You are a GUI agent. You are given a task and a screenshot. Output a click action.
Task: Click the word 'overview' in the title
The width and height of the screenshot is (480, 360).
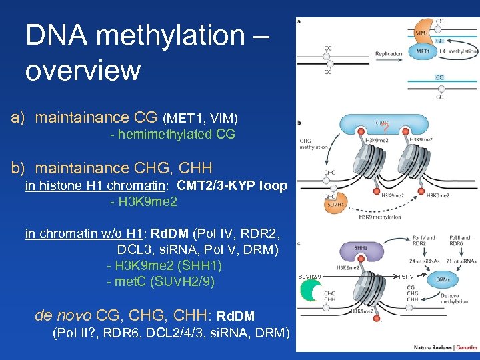83,69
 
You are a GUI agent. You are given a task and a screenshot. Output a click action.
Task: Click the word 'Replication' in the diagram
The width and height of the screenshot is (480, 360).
389,53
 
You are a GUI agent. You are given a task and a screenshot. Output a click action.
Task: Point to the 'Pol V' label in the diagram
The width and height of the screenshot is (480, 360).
406,275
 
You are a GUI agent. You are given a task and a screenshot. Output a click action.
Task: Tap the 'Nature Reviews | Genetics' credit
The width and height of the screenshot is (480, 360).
445,347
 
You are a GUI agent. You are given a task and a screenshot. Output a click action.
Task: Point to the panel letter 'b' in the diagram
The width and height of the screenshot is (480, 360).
299,122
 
